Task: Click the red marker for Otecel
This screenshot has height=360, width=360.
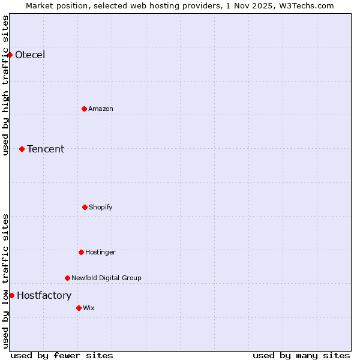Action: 10,55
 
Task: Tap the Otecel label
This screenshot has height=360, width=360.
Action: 30,55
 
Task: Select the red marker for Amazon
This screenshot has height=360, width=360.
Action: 84,109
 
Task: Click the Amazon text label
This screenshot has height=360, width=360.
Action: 101,109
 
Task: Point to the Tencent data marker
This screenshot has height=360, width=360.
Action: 22,149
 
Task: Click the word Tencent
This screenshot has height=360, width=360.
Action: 46,149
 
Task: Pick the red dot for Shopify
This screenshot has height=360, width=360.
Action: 85,207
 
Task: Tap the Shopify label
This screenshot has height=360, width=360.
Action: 101,208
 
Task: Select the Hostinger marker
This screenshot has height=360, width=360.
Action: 81,252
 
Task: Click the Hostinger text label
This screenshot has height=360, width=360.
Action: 100,253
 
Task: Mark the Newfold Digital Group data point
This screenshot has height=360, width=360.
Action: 67,278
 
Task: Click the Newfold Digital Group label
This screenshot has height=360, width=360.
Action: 106,278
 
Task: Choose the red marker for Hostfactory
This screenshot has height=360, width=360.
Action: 11,295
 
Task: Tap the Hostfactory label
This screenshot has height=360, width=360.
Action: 44,296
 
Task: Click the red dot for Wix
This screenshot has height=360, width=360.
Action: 79,308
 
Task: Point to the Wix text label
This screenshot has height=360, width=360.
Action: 89,308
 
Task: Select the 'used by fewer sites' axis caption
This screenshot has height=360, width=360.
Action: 62,355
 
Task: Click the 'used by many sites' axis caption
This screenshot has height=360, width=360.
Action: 301,355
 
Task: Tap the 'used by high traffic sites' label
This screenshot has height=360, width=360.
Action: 5,85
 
